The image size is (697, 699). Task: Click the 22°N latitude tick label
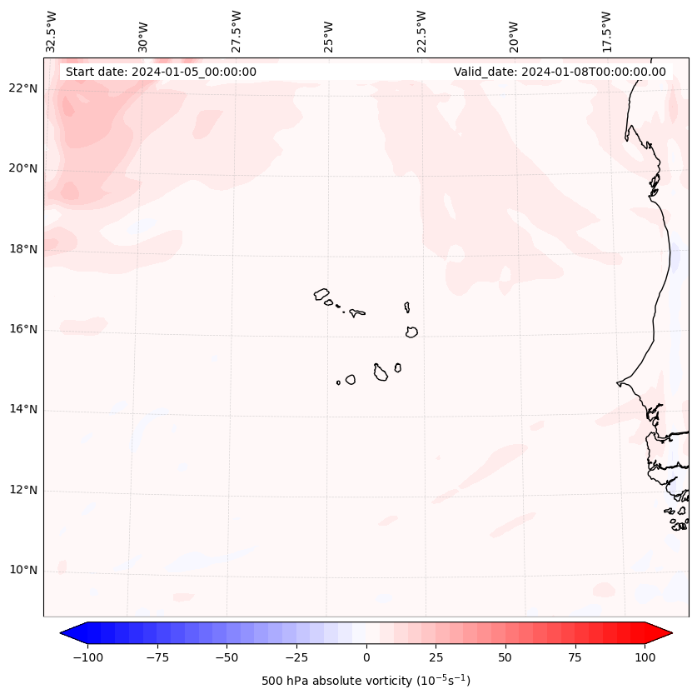(x=23, y=89)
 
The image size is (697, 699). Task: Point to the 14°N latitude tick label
(x=23, y=410)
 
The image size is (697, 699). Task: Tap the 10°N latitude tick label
(x=23, y=571)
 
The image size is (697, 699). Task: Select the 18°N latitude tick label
(x=23, y=249)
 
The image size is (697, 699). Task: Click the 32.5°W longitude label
(x=52, y=32)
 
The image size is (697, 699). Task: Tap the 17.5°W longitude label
(x=606, y=32)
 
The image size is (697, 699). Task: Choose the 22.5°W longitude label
(x=421, y=32)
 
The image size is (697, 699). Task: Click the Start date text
(x=161, y=72)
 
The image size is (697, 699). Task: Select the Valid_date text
(x=560, y=72)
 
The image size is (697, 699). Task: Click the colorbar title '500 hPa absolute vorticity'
(x=366, y=682)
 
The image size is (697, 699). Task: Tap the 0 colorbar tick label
(x=366, y=658)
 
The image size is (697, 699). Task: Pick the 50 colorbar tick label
(x=505, y=658)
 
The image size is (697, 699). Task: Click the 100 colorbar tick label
(x=644, y=658)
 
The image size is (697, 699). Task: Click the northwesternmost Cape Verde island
(x=321, y=294)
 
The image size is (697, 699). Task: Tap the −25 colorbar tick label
(x=296, y=658)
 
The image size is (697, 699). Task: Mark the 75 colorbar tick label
(x=575, y=658)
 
